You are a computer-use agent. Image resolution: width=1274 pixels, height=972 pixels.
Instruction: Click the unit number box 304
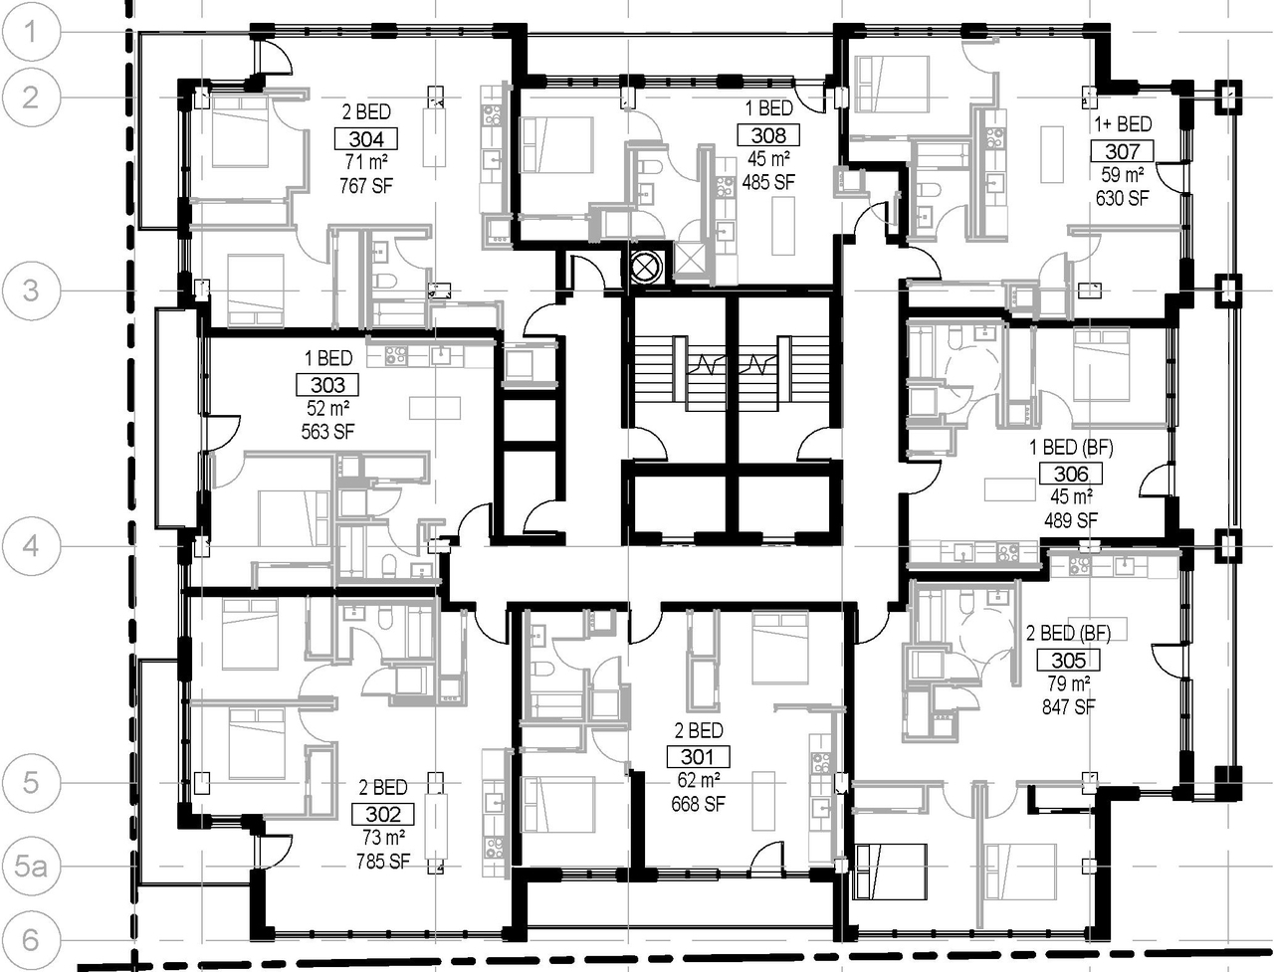(366, 139)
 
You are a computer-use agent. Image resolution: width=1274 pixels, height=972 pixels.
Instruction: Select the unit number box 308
(767, 135)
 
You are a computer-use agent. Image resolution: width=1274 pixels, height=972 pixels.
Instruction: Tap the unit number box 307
(1122, 151)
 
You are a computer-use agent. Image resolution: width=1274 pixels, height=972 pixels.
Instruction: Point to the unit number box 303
(327, 384)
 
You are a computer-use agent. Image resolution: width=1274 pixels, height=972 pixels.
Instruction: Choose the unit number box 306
(1070, 474)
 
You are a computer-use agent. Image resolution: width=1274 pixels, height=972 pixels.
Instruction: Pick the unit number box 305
(1069, 660)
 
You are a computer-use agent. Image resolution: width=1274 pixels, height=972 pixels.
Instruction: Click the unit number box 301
(697, 756)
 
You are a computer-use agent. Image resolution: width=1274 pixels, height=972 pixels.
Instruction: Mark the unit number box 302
(383, 814)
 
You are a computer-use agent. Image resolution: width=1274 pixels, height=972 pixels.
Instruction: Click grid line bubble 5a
(31, 867)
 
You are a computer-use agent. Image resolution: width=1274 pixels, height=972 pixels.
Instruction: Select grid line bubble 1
(31, 32)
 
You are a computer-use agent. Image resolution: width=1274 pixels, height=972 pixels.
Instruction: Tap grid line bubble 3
(31, 291)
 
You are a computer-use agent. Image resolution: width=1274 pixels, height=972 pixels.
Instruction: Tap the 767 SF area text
(365, 186)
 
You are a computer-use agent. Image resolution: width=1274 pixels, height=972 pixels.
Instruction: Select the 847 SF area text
(1069, 707)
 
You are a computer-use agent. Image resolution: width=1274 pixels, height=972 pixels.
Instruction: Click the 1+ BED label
(1123, 124)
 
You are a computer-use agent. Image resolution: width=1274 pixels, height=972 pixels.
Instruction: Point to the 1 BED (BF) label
(1071, 448)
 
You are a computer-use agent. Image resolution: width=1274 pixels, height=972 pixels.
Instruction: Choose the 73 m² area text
(383, 838)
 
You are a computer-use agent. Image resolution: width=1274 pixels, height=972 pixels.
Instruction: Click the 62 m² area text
(699, 780)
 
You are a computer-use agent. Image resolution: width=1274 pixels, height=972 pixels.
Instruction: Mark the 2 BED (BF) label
(1068, 634)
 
